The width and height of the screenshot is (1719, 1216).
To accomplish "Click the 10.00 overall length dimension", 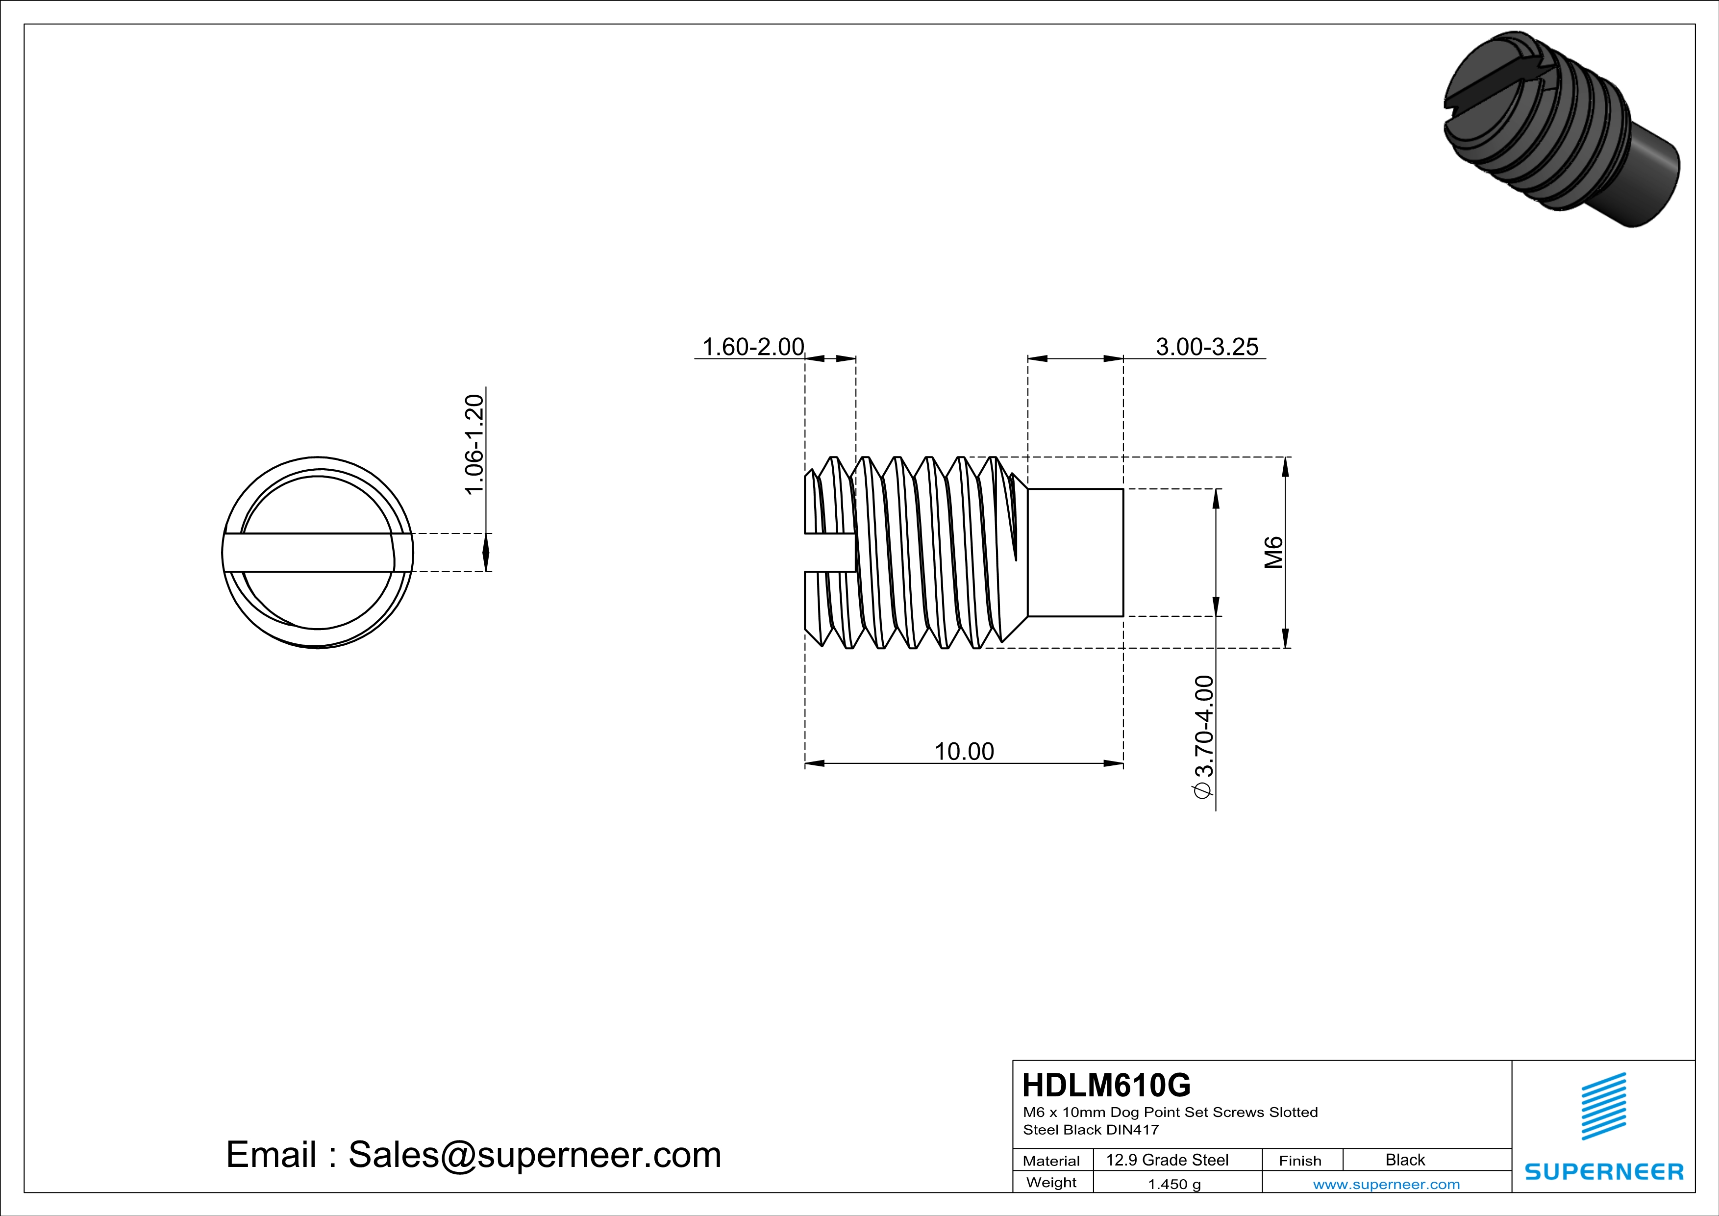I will pos(964,751).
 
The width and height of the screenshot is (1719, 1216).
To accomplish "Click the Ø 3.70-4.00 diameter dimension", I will pos(1203,737).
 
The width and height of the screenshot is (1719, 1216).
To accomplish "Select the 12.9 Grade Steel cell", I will pos(1167,1160).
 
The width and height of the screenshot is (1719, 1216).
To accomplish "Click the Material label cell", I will pos(1051,1161).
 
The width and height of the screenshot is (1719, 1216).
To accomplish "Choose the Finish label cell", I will pos(1300,1161).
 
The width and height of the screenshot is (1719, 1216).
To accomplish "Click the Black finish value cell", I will pos(1404,1160).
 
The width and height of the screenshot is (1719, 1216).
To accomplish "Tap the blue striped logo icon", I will pos(1603,1106).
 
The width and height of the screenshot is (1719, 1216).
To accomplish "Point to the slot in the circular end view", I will pos(318,553).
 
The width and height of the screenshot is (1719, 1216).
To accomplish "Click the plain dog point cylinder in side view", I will pos(1075,553).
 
